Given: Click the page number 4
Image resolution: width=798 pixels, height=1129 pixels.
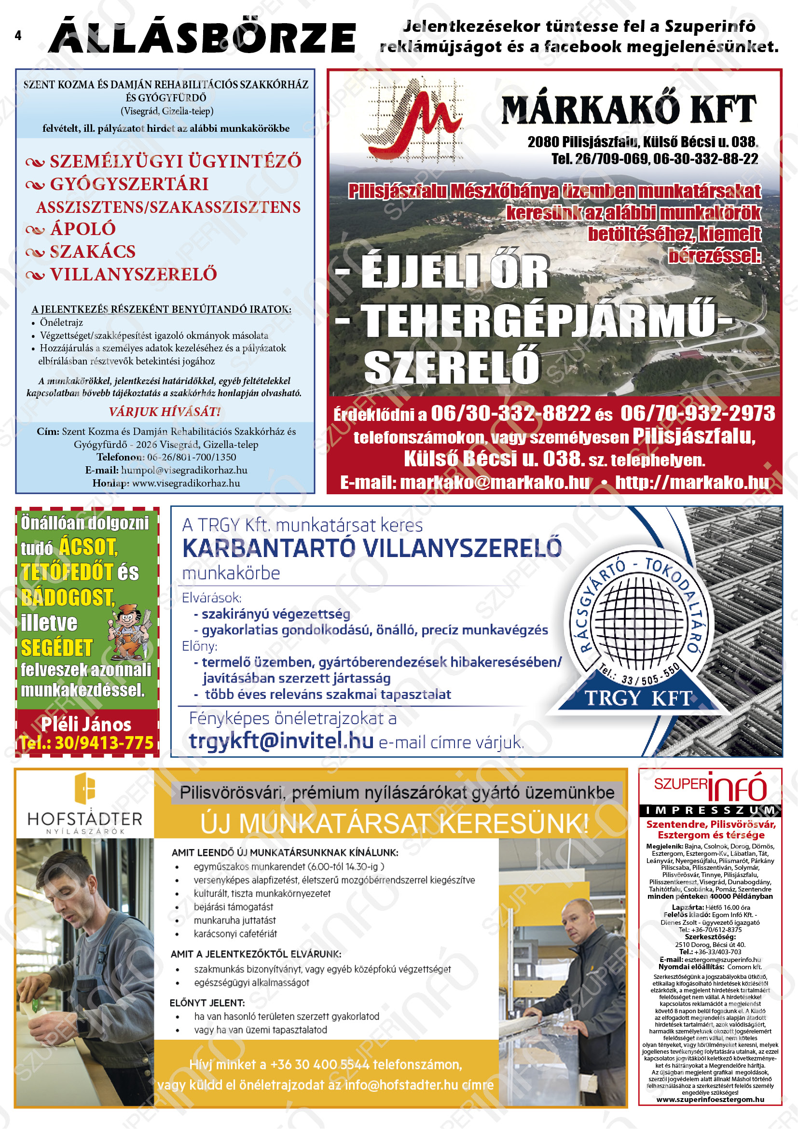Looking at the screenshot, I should pos(18,35).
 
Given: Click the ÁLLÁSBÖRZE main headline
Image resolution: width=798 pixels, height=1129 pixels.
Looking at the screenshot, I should pos(202,36).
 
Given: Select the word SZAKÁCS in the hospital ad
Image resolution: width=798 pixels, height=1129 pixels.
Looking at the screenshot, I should pos(92,252).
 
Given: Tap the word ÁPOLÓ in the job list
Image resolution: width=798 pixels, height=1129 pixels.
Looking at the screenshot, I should pos(83,229).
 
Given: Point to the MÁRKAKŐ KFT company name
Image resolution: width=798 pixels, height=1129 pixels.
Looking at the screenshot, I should pos(629,109).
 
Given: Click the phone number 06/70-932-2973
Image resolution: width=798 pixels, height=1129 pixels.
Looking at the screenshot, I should pos(698,414).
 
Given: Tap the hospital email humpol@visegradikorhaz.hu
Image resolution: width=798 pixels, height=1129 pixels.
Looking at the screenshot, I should pos(184,470).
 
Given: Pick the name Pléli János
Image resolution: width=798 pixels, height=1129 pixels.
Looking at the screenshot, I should pos(86,725).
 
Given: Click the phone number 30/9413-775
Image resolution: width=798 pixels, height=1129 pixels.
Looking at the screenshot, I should pos(104,742).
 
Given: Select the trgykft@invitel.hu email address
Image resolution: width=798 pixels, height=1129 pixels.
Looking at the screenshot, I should pos(281,741).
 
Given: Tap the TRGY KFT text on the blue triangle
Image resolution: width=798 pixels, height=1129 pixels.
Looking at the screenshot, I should pos(638,698).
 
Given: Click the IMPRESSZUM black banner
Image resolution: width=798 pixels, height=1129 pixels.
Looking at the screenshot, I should pos(710,810).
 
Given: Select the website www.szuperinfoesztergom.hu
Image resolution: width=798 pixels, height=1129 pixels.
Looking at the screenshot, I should pos(710,1099).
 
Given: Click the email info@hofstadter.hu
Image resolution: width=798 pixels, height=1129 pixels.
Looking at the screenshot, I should pos(401,1084).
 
